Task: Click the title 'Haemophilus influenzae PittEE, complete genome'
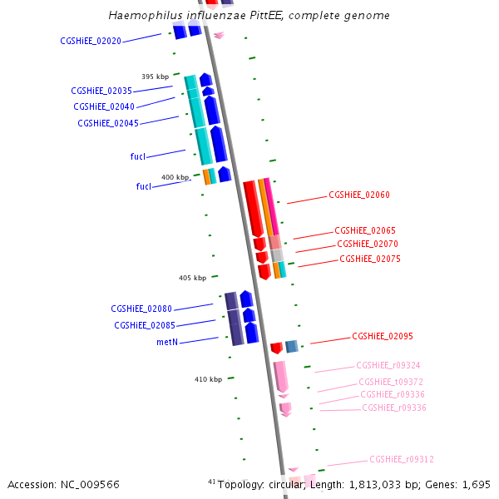click(x=249, y=16)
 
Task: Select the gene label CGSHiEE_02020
click(x=91, y=41)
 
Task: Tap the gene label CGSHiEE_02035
click(x=101, y=91)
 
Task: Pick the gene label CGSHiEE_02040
click(x=104, y=106)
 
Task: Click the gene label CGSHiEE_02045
click(x=108, y=123)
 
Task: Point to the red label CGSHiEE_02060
click(x=359, y=195)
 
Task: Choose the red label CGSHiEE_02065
click(x=365, y=230)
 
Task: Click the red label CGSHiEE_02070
click(x=368, y=244)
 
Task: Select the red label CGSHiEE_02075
click(x=370, y=259)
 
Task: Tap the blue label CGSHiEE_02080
click(x=141, y=309)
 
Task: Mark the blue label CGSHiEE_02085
click(x=144, y=325)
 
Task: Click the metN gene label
click(x=167, y=342)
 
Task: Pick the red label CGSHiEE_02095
click(x=383, y=336)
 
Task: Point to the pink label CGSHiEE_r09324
click(x=388, y=365)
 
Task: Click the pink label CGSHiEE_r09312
click(x=402, y=459)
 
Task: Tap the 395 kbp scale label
click(x=155, y=77)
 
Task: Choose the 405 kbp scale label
click(x=192, y=278)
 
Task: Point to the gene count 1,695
click(x=476, y=484)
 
